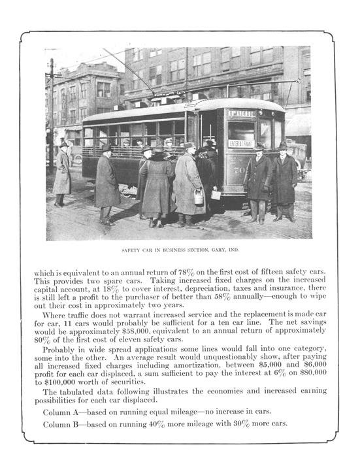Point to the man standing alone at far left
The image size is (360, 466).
(x=63, y=173)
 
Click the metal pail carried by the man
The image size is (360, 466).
(x=199, y=196)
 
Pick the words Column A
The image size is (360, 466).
(x=66, y=412)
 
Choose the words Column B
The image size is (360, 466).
(x=66, y=424)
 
